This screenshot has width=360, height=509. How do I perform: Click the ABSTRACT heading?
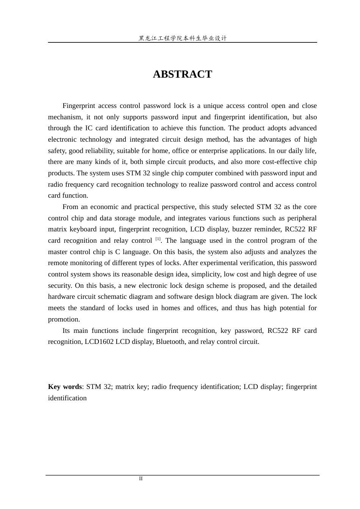pyautogui.click(x=182, y=74)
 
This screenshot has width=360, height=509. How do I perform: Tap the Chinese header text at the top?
pyautogui.click(x=182, y=38)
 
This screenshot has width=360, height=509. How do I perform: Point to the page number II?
pyautogui.click(x=141, y=479)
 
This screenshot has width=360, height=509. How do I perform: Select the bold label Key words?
pyautogui.click(x=65, y=387)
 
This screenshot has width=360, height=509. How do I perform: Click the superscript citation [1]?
pyautogui.click(x=158, y=239)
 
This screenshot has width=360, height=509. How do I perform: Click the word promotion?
pyautogui.click(x=63, y=319)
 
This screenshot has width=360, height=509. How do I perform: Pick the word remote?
pyautogui.click(x=58, y=263)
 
